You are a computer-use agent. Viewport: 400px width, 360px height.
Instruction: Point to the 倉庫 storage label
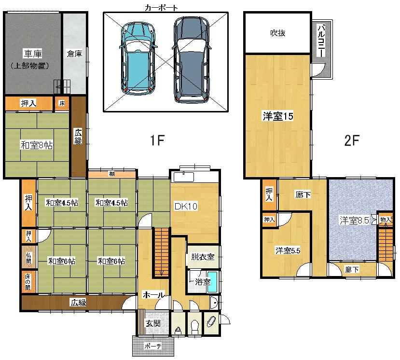point(74,54)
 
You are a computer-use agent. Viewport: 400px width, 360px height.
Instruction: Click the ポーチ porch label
point(152,346)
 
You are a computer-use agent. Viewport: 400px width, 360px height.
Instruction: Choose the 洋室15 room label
point(278,116)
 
